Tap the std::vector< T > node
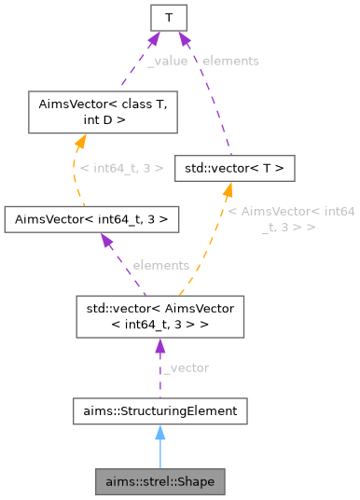[x=235, y=169]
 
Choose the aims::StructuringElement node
[x=159, y=410]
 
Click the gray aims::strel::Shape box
[x=159, y=482]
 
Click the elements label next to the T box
[x=230, y=60]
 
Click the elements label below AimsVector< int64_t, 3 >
[x=160, y=265]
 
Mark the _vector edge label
[x=186, y=368]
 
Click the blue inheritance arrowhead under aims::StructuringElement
[x=159, y=432]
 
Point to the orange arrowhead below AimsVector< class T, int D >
[x=81, y=140]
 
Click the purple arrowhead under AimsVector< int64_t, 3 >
[x=106, y=242]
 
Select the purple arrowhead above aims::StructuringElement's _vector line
[x=159, y=346]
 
